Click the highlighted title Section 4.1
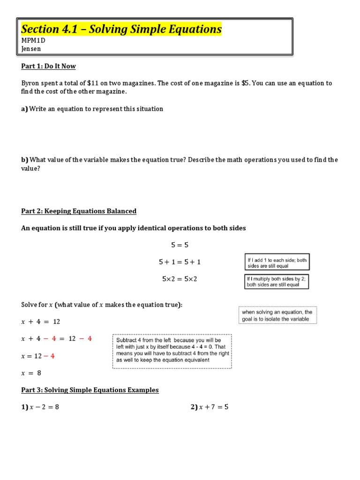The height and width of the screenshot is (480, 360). tap(121, 29)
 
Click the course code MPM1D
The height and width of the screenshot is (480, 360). tap(33, 41)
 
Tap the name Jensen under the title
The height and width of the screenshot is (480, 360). tap(31, 49)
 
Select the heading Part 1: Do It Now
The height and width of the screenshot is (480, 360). tap(48, 66)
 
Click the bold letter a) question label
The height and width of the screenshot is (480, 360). tap(24, 109)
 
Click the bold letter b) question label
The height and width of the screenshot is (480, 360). tap(25, 160)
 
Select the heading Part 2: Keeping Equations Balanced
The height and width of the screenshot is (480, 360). tap(79, 211)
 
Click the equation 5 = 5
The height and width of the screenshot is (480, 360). tap(180, 245)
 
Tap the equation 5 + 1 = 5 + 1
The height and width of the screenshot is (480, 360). tap(180, 262)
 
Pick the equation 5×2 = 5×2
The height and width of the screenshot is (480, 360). tap(180, 279)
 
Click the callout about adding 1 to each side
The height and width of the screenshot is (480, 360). tap(277, 262)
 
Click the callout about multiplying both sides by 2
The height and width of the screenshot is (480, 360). tap(277, 281)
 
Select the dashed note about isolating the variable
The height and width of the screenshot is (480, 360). tap(278, 315)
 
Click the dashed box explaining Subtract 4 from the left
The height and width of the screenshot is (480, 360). tap(172, 350)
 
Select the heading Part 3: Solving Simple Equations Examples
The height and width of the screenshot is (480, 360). tap(90, 390)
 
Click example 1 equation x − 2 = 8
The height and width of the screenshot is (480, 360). tap(40, 407)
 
